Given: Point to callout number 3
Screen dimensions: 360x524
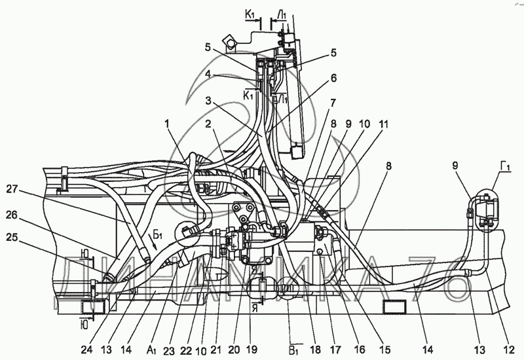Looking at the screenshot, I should [x=209, y=101].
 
